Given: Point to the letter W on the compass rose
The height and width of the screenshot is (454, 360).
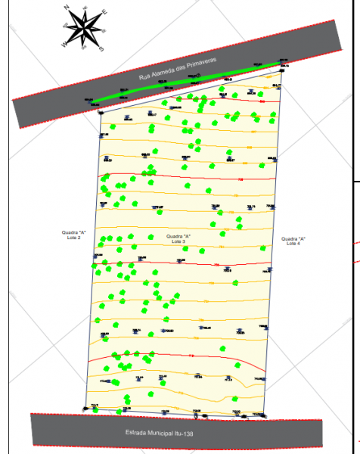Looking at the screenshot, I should point(64,45).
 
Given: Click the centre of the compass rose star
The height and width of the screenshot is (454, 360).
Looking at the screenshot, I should point(84,29).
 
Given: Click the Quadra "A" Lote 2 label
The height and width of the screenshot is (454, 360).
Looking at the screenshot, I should point(73,235).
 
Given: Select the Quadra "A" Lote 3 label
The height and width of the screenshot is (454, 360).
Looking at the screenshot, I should point(178,238).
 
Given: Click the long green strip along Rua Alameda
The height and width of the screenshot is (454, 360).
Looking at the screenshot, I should point(182,82).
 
